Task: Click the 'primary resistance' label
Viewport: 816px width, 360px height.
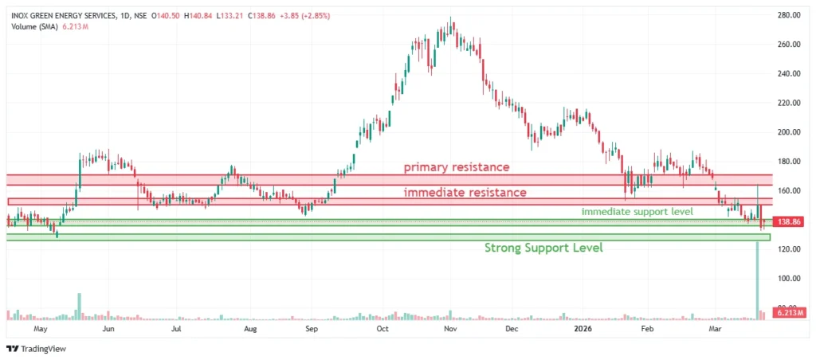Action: coord(456,167)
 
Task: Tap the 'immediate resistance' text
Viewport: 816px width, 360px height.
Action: coord(465,193)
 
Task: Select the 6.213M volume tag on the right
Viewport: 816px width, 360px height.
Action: coord(790,315)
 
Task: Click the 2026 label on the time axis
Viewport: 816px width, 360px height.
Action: coord(581,327)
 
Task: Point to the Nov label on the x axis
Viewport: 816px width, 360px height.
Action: coord(449,327)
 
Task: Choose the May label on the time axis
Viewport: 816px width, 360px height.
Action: coord(41,327)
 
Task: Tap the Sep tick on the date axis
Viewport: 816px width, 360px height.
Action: coord(312,327)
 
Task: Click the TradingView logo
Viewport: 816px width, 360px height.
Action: coord(36,348)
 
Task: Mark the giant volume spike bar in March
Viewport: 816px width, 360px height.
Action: coord(756,279)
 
